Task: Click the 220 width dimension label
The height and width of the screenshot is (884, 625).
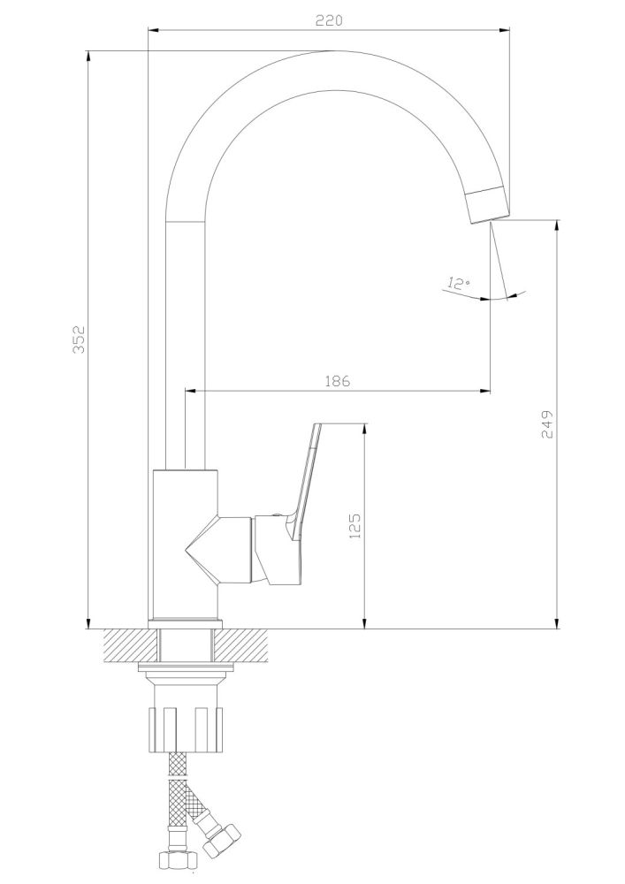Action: (329, 20)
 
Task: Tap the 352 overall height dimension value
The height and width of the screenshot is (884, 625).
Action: (78, 340)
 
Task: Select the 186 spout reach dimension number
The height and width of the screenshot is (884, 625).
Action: (338, 381)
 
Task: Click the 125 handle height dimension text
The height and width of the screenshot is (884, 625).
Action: (355, 527)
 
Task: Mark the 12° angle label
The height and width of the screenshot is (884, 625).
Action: (458, 284)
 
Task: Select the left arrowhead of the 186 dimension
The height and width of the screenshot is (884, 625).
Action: (188, 390)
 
